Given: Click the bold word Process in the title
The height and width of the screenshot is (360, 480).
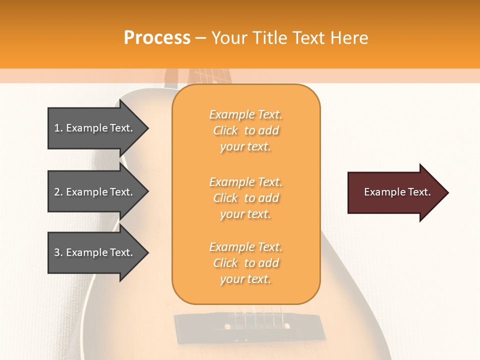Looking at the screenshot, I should click(x=157, y=38).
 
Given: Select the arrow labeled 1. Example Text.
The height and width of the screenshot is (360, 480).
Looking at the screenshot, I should click(x=95, y=128).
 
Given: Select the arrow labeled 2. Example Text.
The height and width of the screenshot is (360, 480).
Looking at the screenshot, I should click(x=95, y=192).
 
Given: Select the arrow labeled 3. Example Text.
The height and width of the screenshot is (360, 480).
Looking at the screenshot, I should click(x=95, y=252).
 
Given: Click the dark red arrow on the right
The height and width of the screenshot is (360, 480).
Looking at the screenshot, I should click(x=395, y=192).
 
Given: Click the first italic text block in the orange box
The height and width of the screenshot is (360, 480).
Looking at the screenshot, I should click(x=245, y=130).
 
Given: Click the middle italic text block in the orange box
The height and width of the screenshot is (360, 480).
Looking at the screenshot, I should click(x=245, y=198).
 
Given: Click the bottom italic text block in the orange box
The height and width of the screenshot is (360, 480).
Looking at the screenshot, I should click(x=245, y=263).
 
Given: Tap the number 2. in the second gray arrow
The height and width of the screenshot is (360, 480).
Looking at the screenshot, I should click(x=58, y=192).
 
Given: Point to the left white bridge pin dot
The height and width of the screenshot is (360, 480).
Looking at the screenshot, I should click(x=227, y=326).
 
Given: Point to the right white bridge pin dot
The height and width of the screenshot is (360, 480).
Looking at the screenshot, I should click(x=287, y=326).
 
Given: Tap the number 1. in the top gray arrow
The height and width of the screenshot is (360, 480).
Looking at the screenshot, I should click(x=58, y=128).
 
